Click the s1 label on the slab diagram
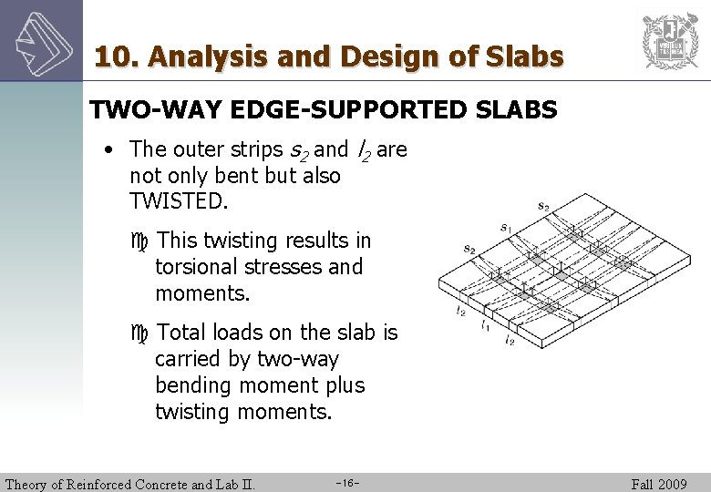pyautogui.click(x=505, y=227)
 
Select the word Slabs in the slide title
pyautogui.click(x=526, y=56)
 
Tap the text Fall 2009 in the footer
pyautogui.click(x=659, y=484)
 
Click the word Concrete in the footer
pyautogui.click(x=160, y=484)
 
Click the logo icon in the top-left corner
pyautogui.click(x=41, y=40)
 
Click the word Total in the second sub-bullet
pyautogui.click(x=182, y=333)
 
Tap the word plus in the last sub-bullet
pyautogui.click(x=343, y=385)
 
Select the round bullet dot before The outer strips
pyautogui.click(x=108, y=149)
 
